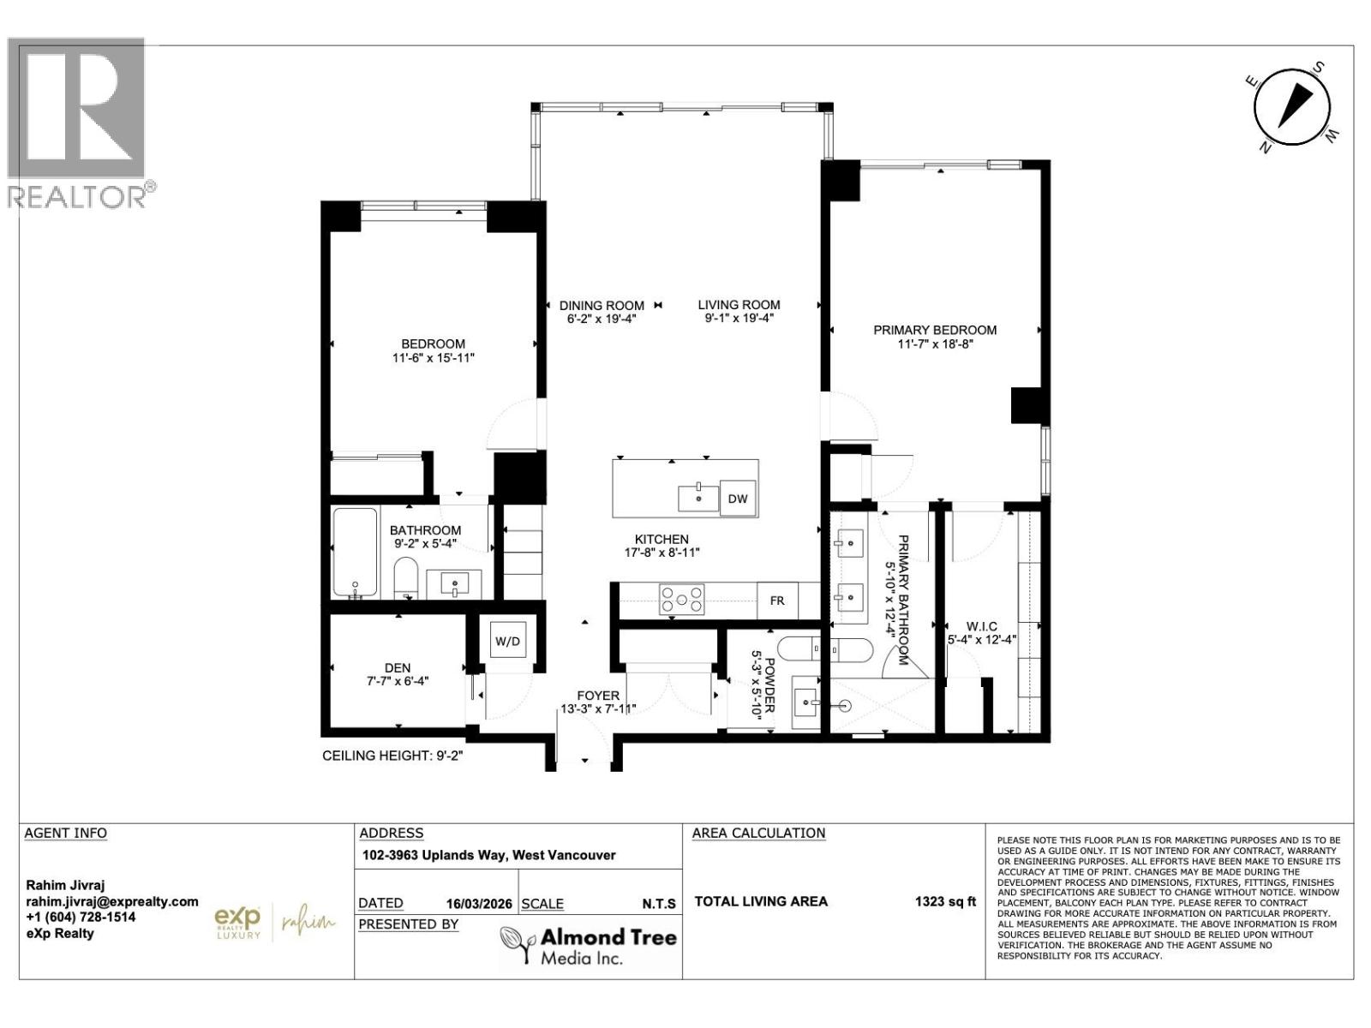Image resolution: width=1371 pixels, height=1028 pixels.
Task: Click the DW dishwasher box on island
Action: pyautogui.click(x=738, y=499)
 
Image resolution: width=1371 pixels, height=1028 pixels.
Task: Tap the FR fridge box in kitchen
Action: pyautogui.click(x=777, y=601)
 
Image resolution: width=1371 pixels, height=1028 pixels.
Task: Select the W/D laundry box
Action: pyautogui.click(x=507, y=641)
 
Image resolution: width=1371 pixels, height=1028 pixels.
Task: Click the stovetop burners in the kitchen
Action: pyautogui.click(x=681, y=600)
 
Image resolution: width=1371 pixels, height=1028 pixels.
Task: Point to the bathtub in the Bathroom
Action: pyautogui.click(x=355, y=553)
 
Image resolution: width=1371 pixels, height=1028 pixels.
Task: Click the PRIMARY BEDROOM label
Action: pyautogui.click(x=935, y=330)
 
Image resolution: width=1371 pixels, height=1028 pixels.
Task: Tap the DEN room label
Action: pyautogui.click(x=397, y=667)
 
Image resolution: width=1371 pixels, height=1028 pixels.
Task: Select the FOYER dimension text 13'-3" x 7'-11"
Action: pyautogui.click(x=598, y=708)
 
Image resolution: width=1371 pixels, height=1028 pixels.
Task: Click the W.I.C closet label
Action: pyautogui.click(x=981, y=627)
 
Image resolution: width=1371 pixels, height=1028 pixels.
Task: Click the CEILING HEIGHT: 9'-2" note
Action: pyautogui.click(x=392, y=756)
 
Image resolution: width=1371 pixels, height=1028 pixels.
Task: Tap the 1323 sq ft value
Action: pyautogui.click(x=945, y=901)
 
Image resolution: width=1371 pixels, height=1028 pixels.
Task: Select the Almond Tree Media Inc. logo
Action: pyautogui.click(x=588, y=946)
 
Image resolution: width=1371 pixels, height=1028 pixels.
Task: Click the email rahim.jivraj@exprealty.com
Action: pyautogui.click(x=111, y=901)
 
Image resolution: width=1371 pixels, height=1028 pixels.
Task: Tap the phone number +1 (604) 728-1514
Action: pyautogui.click(x=81, y=917)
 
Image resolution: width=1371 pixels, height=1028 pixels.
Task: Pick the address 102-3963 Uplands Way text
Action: pyautogui.click(x=488, y=855)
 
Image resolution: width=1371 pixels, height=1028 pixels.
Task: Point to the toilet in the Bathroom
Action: pyautogui.click(x=405, y=578)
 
